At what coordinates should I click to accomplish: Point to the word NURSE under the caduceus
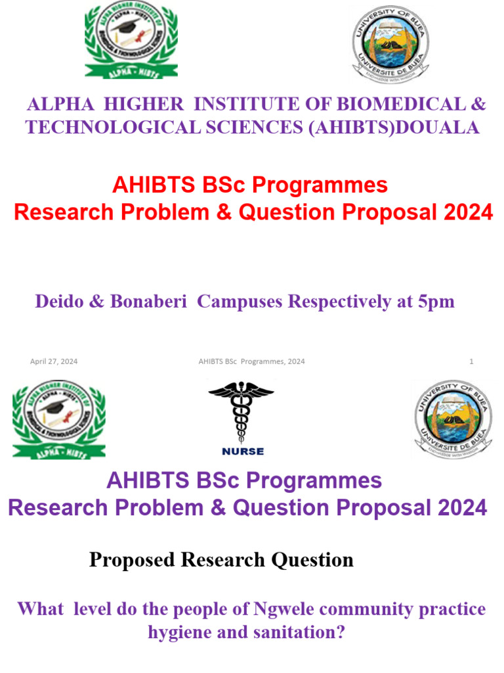[x=243, y=452]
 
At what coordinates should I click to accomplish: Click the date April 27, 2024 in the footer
[x=54, y=361]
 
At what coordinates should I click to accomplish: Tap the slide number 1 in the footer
[x=471, y=361]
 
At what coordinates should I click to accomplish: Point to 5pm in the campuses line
[x=435, y=302]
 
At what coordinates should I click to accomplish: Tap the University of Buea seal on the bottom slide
[x=453, y=419]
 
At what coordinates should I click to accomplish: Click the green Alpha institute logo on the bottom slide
[x=58, y=419]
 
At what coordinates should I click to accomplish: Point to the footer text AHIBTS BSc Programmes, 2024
[x=251, y=361]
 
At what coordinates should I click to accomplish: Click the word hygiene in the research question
[x=179, y=632]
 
